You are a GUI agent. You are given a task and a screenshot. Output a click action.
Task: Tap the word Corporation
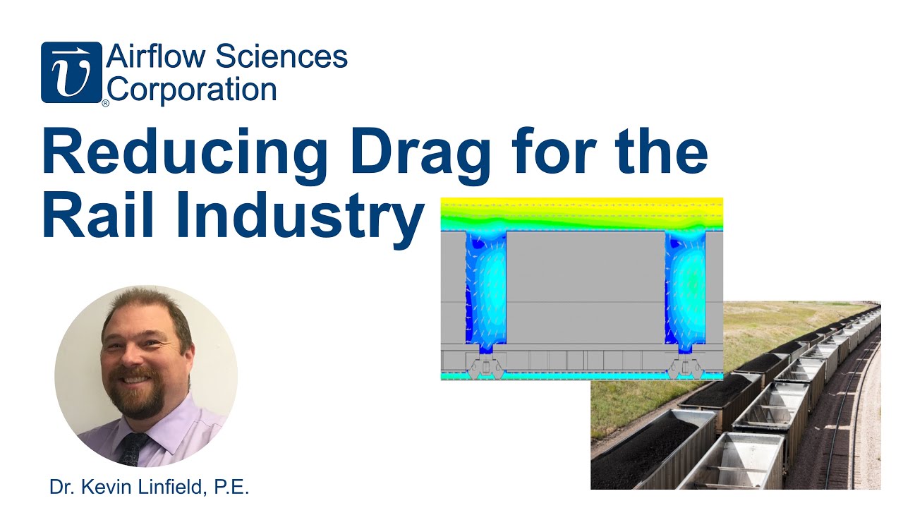192,90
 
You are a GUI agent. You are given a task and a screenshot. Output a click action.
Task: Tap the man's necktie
133,449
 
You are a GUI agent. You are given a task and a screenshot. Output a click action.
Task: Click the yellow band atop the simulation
581,204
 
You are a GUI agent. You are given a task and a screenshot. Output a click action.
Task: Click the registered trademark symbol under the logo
106,104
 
